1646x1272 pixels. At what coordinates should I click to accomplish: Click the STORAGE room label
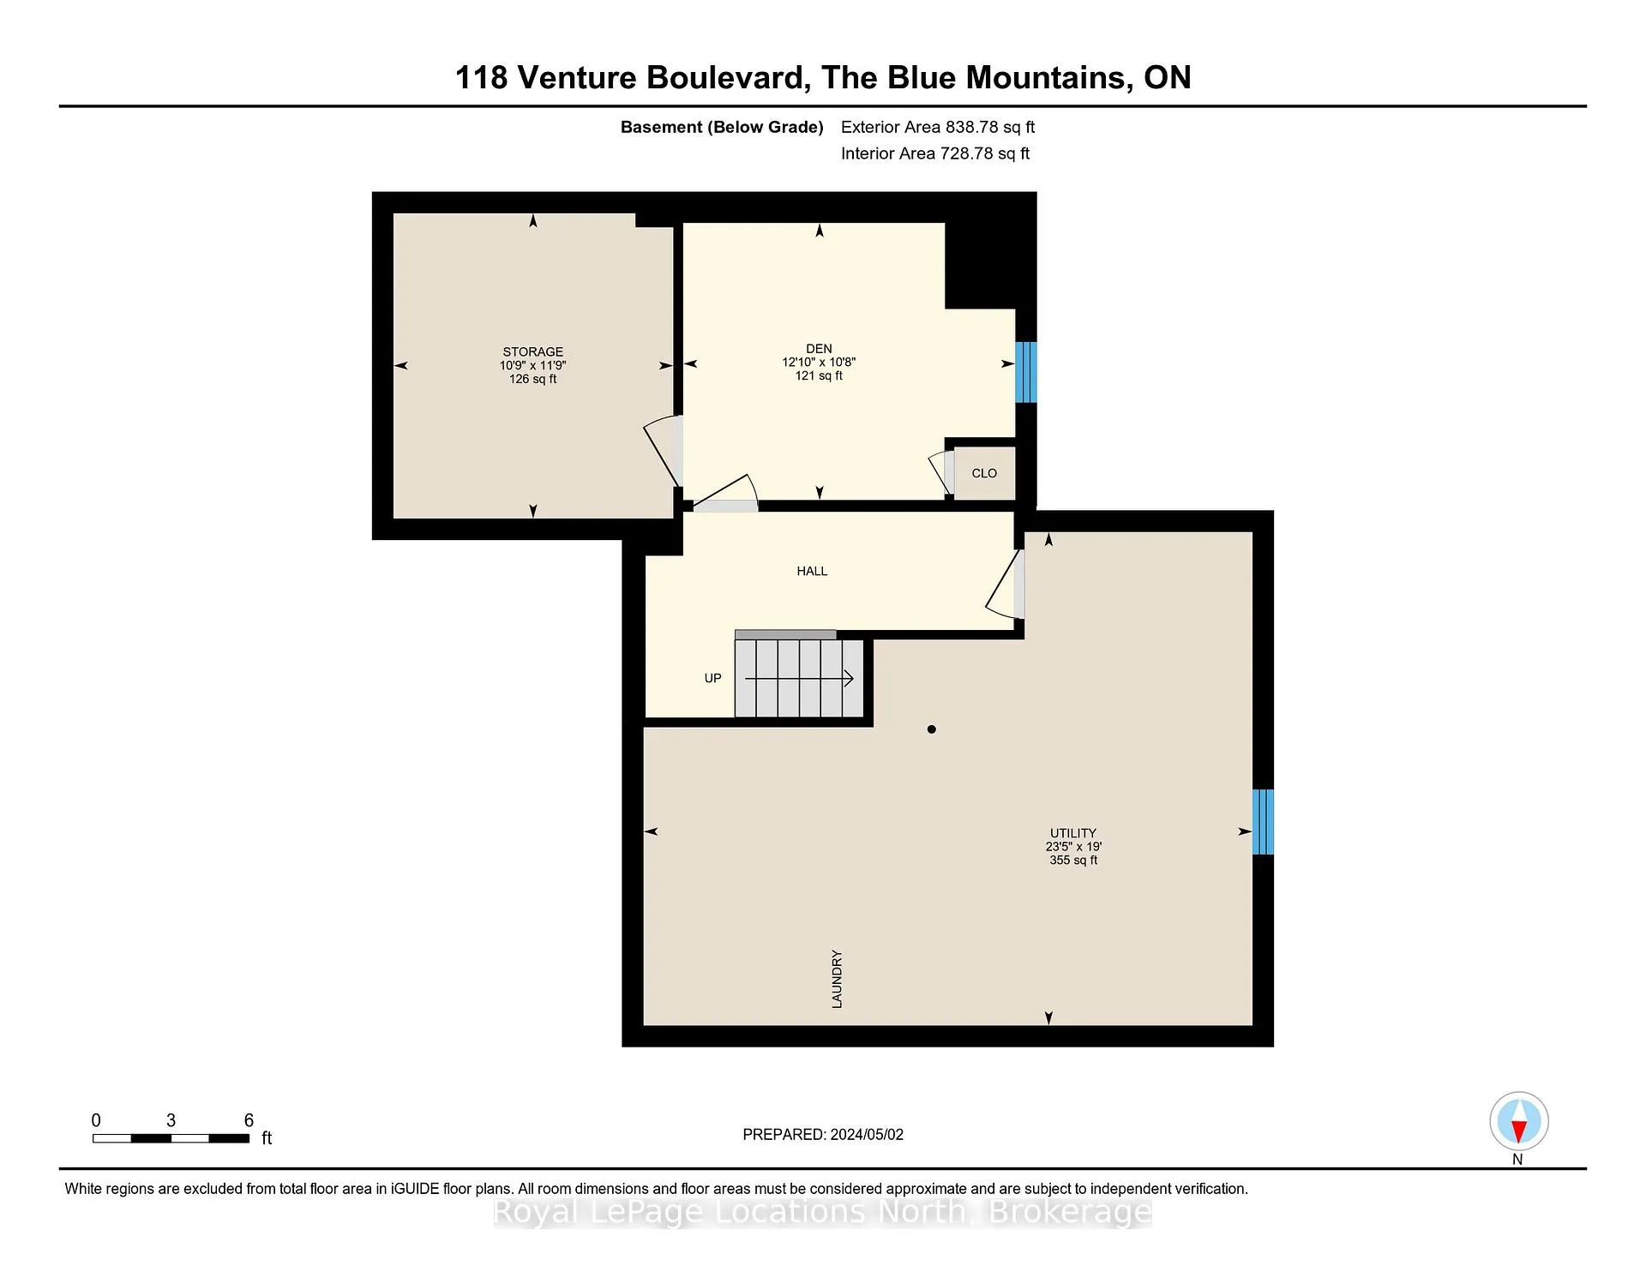(x=532, y=351)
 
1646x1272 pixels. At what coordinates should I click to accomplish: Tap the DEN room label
(x=819, y=348)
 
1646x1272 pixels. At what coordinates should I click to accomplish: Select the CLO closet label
(x=984, y=473)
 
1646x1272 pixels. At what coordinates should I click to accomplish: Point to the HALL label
(x=812, y=571)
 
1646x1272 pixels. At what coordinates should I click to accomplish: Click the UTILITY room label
(x=1073, y=833)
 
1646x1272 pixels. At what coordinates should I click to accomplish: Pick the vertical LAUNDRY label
(x=837, y=979)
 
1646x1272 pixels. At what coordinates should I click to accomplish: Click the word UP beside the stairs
(x=712, y=678)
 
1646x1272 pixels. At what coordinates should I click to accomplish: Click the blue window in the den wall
(x=1026, y=372)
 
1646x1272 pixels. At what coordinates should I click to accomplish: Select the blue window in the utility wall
(x=1263, y=822)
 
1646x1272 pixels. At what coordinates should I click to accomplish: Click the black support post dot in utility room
(x=932, y=729)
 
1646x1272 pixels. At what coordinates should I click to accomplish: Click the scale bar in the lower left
(x=171, y=1138)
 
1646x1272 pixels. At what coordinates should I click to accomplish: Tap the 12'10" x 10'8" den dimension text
(x=819, y=362)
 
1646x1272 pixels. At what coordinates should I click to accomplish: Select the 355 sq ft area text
(x=1073, y=860)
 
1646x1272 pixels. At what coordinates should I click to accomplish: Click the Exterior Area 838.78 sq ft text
(x=938, y=127)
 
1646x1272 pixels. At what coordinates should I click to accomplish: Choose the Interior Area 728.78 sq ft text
(x=935, y=153)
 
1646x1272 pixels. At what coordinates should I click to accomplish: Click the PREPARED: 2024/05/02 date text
(x=823, y=1134)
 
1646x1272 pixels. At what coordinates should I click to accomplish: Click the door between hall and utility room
(x=1006, y=584)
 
